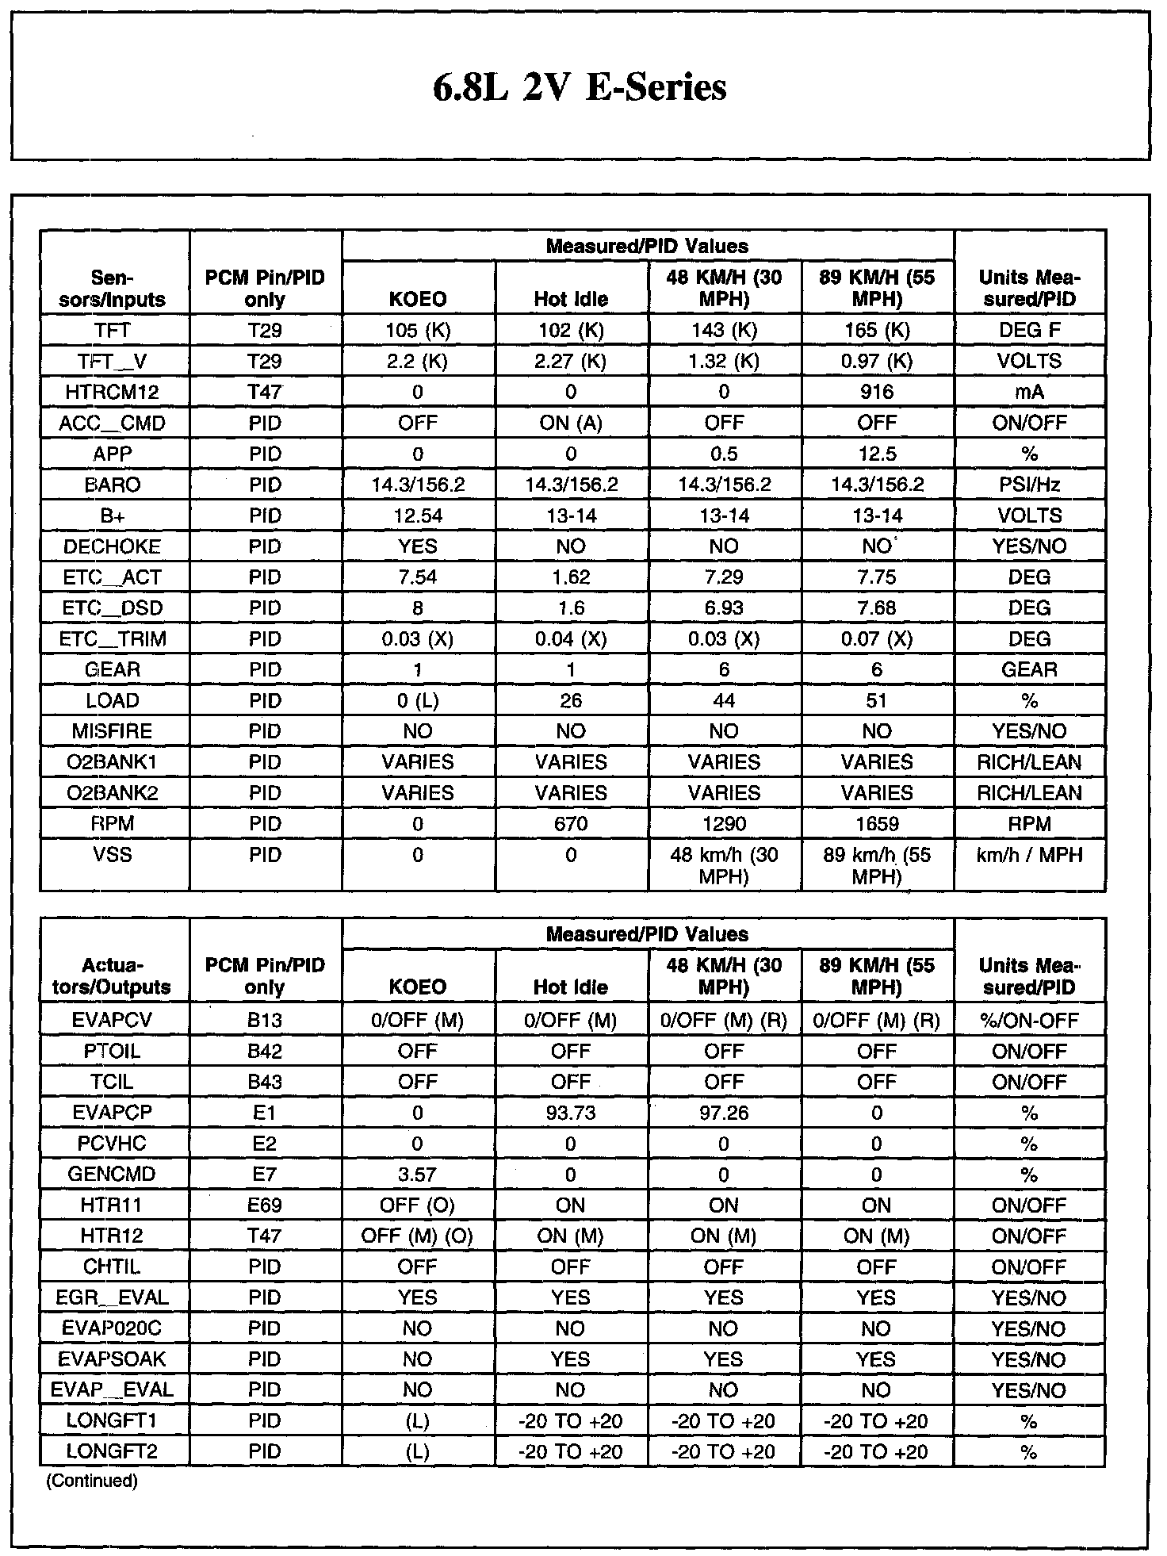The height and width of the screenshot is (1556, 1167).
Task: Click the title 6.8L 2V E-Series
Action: coord(580,87)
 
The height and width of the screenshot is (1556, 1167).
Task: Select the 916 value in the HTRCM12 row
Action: coord(877,392)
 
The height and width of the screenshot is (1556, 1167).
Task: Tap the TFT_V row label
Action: coord(113,361)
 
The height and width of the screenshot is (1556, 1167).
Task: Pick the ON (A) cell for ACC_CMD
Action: coord(571,423)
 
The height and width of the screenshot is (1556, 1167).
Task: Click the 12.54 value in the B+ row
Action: coord(418,515)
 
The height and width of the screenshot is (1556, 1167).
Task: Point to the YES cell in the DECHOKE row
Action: coord(418,546)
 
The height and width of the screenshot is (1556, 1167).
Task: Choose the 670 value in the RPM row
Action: coord(571,824)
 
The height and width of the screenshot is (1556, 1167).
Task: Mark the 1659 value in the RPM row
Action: coord(877,824)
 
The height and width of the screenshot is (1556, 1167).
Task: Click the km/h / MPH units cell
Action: coord(1029,855)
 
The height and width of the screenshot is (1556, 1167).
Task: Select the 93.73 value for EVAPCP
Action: coord(571,1113)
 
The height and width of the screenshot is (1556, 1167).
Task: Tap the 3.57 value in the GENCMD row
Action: coord(418,1175)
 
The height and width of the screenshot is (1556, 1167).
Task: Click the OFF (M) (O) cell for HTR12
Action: coord(418,1236)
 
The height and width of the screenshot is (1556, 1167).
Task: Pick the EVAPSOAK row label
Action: coord(113,1359)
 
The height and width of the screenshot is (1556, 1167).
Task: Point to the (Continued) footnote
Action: coord(92,1481)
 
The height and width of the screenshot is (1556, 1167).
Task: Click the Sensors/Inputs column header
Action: coord(113,289)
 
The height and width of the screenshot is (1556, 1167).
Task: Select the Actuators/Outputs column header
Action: coord(113,976)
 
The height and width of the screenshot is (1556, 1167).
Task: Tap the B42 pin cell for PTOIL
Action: coord(265,1052)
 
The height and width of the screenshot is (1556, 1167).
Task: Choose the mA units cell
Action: coord(1029,392)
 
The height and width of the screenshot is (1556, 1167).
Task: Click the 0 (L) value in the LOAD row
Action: coord(418,701)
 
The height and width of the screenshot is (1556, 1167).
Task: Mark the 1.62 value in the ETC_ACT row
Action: coord(571,577)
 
